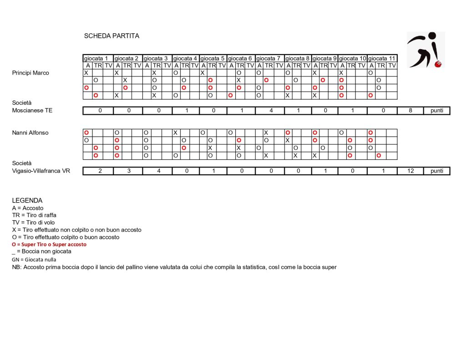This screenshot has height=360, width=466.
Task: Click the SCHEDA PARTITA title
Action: point(111,36)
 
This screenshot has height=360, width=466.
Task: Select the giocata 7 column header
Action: point(268,58)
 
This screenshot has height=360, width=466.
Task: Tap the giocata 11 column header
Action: point(382,58)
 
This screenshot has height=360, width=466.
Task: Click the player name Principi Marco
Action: point(30,73)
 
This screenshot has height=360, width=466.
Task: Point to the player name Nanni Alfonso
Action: point(30,133)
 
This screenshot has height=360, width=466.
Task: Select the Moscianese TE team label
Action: point(32,111)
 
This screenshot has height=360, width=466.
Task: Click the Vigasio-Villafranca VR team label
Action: point(41,171)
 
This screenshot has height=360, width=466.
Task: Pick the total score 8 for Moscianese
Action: point(410,111)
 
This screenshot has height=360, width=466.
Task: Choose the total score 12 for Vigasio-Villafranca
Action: point(410,171)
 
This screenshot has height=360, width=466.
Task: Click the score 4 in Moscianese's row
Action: point(270,111)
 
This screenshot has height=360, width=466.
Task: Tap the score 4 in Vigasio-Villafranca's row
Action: point(157,171)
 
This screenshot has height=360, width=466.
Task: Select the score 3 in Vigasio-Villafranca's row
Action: point(128,171)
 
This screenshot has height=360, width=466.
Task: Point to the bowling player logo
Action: point(425,50)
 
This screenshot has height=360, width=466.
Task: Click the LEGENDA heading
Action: point(27,200)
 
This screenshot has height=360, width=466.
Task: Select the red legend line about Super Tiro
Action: point(49,244)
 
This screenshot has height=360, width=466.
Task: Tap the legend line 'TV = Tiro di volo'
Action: point(34,223)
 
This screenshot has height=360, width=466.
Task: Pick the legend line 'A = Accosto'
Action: point(28,208)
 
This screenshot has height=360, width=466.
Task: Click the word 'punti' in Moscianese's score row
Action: point(436,111)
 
